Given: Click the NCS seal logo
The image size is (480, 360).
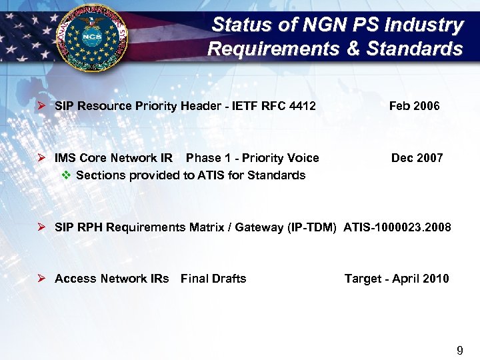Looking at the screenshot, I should pos(94,39).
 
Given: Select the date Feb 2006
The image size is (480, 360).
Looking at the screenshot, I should pos(414,106).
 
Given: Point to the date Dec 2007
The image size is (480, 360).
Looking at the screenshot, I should pos(417,158).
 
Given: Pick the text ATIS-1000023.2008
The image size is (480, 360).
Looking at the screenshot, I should pos(397,227).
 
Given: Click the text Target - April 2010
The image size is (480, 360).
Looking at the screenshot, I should pos(397,279).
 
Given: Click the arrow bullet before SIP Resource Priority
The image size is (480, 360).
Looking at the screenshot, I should pos(41,106).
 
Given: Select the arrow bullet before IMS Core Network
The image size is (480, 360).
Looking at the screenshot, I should pos(41,158).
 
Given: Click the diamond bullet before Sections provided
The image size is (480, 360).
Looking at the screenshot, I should pos(65,175).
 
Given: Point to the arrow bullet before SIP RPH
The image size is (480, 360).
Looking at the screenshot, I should pos(41,227).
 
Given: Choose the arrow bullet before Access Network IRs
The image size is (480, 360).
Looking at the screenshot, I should pos(41,279).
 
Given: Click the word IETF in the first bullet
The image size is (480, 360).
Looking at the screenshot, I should pos(242,106).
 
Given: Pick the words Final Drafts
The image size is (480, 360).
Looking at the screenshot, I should pos(213,279).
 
